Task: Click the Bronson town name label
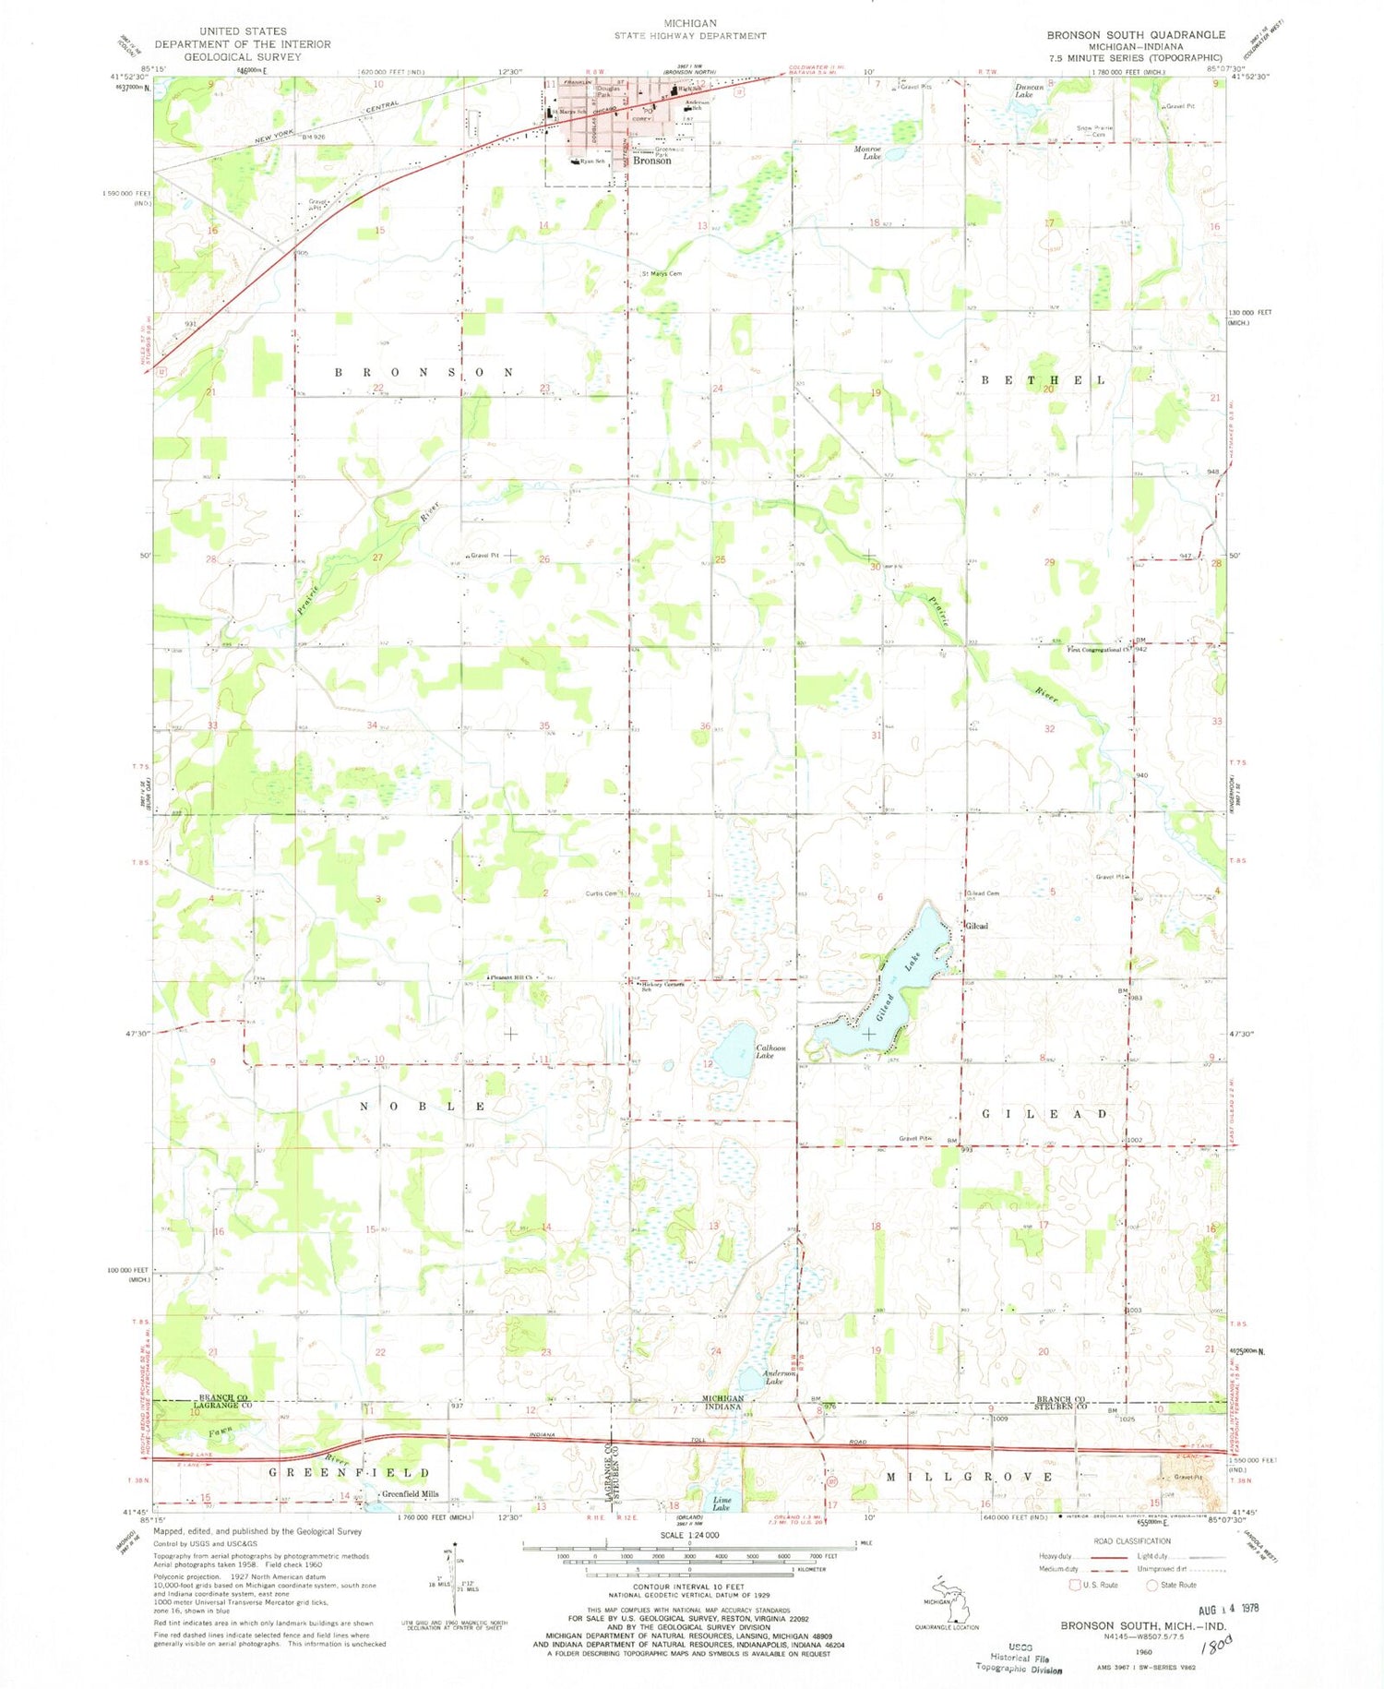tap(651, 161)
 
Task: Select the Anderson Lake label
tap(779, 1377)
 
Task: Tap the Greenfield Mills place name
tap(410, 1494)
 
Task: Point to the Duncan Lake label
tap(1028, 90)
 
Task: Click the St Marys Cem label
tap(662, 274)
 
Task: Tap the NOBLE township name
tap(421, 1106)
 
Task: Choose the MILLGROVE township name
tap(969, 1477)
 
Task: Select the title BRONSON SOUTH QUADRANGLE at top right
tap(1135, 34)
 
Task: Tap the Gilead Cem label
tap(982, 893)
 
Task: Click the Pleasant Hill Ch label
tap(512, 977)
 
